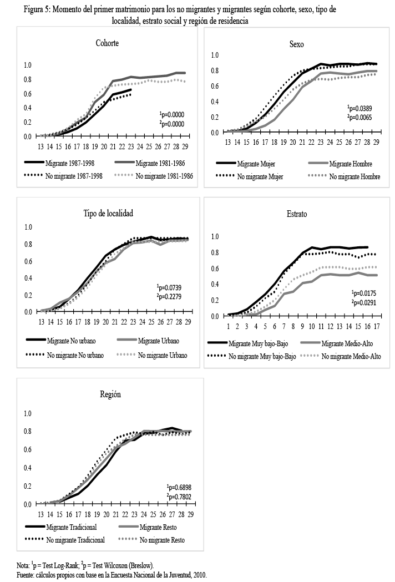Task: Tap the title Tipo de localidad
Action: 108,213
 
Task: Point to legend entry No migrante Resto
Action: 161,540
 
